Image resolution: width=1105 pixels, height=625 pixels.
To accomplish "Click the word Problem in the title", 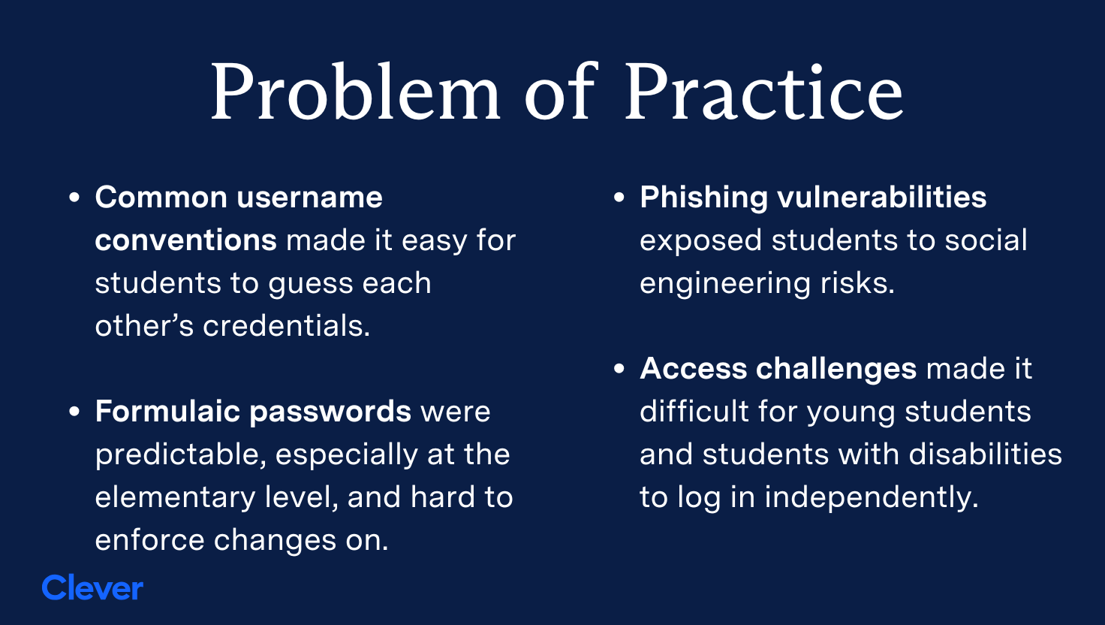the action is pyautogui.click(x=356, y=92).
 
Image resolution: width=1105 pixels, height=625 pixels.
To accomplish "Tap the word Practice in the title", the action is pyautogui.click(x=763, y=92).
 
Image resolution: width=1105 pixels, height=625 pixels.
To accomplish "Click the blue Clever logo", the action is pyautogui.click(x=92, y=587).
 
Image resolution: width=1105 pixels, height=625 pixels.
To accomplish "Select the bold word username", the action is pyautogui.click(x=310, y=197).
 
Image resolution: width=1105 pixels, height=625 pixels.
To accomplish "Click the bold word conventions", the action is pyautogui.click(x=185, y=240).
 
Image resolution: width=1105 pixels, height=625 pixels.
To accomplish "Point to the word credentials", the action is pyautogui.click(x=287, y=325).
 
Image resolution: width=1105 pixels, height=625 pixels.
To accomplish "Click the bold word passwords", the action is pyautogui.click(x=330, y=412).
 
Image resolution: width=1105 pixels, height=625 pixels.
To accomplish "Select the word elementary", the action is pyautogui.click(x=175, y=497).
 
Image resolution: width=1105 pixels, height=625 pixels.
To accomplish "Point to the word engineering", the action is pyautogui.click(x=725, y=284).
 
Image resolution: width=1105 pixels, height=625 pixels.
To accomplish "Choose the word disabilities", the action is pyautogui.click(x=985, y=454).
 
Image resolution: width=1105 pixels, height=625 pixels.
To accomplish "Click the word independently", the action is pyautogui.click(x=872, y=497).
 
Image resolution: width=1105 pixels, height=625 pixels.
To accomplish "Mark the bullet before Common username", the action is pyautogui.click(x=74, y=198).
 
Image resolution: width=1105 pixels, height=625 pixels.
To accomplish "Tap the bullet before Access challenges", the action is pyautogui.click(x=619, y=369).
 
